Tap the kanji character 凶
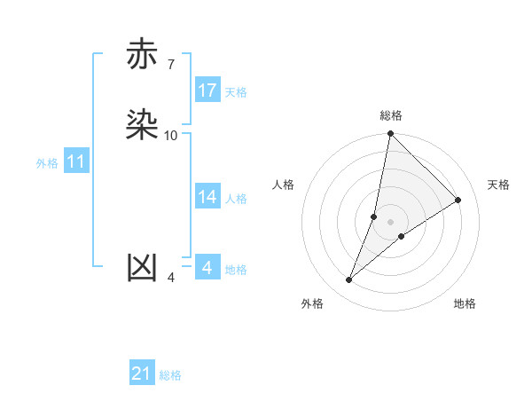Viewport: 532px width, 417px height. click(x=142, y=269)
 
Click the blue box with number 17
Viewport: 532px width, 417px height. click(x=207, y=90)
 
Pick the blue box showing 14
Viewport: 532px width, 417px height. click(x=207, y=197)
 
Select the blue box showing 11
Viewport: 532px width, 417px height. click(x=76, y=162)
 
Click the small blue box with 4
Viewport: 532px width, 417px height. click(x=207, y=267)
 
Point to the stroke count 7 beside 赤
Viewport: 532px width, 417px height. click(x=170, y=65)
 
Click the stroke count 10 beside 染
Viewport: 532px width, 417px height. click(x=171, y=136)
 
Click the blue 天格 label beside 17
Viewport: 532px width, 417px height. click(x=236, y=92)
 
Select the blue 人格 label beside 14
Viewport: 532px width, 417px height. click(x=236, y=199)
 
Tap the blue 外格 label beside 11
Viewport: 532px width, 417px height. click(x=47, y=163)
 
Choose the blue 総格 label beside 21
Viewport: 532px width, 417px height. click(x=170, y=375)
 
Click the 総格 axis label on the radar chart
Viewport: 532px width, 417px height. click(x=391, y=115)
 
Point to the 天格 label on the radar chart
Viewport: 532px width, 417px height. click(x=498, y=185)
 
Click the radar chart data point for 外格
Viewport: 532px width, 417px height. click(x=349, y=280)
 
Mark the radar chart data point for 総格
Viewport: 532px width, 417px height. click(x=391, y=134)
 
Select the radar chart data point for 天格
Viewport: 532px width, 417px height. click(x=458, y=201)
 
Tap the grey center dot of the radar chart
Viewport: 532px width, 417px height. click(x=391, y=222)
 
